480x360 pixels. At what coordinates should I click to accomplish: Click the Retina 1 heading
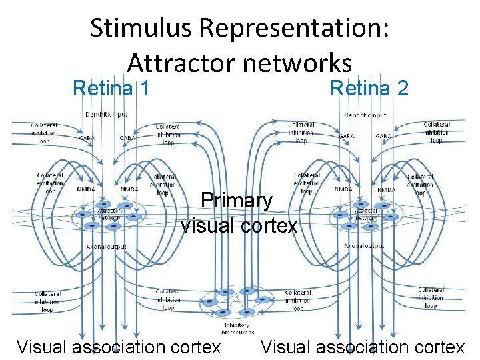(x=111, y=87)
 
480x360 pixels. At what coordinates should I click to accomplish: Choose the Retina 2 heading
(x=369, y=87)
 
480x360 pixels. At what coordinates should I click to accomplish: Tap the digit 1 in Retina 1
(x=143, y=87)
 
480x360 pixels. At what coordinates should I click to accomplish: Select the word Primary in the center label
(x=237, y=200)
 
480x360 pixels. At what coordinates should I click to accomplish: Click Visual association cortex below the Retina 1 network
(x=119, y=347)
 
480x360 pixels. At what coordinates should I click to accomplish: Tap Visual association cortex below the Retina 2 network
(x=363, y=347)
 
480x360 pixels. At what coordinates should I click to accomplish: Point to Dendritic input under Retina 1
(x=106, y=115)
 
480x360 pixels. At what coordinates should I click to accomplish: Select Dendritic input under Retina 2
(x=365, y=115)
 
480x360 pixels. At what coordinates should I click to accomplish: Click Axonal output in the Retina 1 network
(x=106, y=247)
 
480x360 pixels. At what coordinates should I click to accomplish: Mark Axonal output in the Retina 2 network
(x=365, y=246)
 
